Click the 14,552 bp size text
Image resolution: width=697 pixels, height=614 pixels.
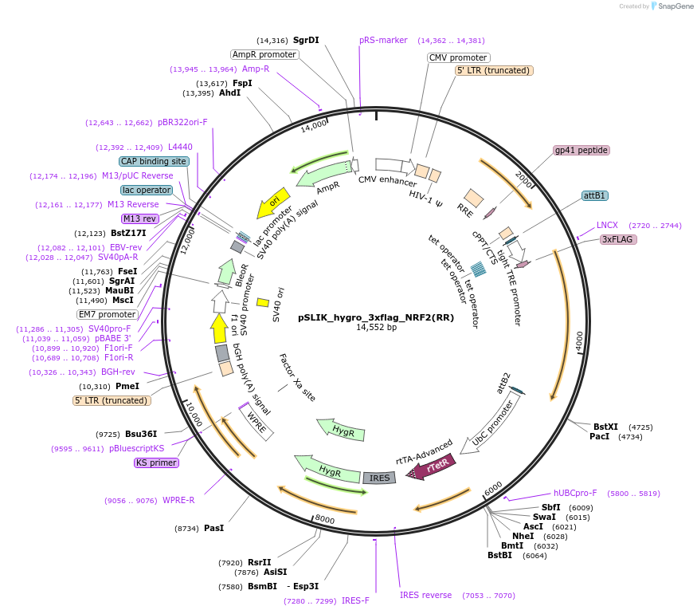tap(376, 328)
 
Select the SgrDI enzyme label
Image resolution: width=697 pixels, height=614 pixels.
tap(306, 40)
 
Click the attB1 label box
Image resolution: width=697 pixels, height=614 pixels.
tap(595, 195)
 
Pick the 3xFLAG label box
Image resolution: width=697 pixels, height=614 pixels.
tap(619, 239)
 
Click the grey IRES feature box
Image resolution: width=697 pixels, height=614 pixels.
tap(380, 478)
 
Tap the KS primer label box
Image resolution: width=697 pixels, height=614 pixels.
tap(156, 462)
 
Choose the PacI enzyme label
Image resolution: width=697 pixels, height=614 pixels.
tap(599, 437)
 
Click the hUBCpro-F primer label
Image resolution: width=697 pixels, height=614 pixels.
tap(575, 494)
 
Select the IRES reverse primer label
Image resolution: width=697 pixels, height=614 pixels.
tap(425, 595)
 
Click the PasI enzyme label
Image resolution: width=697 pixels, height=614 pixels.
tap(213, 528)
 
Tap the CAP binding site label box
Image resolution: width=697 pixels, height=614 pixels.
tap(154, 161)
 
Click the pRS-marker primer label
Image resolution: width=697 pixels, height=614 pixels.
tap(383, 40)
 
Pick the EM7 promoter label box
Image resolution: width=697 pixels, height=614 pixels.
tap(108, 314)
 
